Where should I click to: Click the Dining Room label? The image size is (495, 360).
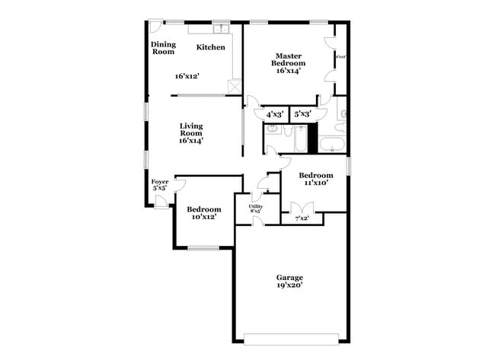(162, 48)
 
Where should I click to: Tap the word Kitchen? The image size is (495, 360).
(211, 47)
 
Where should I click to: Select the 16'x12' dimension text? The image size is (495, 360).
(187, 76)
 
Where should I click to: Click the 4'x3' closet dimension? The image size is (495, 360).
(275, 114)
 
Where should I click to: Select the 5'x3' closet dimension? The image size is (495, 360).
(302, 114)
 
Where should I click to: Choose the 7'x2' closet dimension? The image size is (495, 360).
(302, 218)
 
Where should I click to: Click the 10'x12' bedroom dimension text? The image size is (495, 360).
(203, 217)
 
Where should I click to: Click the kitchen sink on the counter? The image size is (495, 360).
(220, 30)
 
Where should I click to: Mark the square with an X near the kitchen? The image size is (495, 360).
(235, 87)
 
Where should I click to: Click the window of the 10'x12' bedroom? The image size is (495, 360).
(203, 247)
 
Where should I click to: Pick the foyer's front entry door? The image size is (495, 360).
(161, 201)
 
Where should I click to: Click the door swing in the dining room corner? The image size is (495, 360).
(155, 25)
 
